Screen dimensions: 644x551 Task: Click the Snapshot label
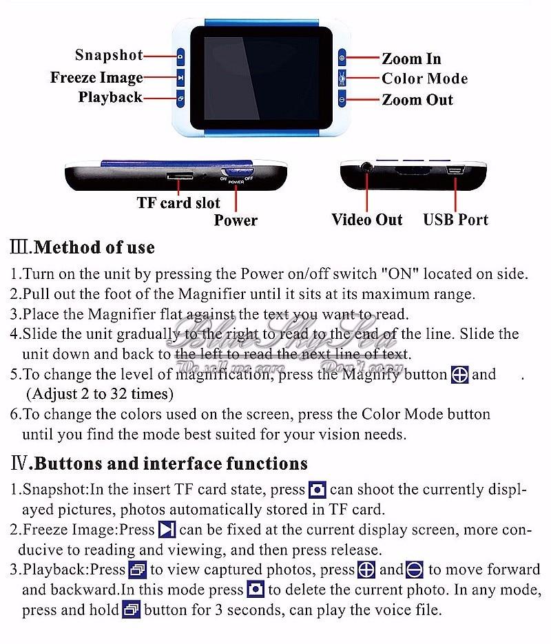[x=109, y=55]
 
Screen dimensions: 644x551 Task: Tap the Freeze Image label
[x=96, y=77]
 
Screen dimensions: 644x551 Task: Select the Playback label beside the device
[x=110, y=97]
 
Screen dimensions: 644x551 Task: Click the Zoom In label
[x=411, y=59]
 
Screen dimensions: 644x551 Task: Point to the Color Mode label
[x=424, y=79]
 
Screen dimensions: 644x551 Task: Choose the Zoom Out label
[x=417, y=100]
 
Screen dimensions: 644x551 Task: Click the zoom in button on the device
[x=342, y=57]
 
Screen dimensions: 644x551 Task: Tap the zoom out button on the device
[x=342, y=100]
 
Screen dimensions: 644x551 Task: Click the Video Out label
[x=366, y=220]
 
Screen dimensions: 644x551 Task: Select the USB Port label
[x=455, y=220]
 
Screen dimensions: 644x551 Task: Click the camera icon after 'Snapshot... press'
[x=317, y=490]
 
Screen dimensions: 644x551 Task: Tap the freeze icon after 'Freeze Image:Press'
[x=167, y=530]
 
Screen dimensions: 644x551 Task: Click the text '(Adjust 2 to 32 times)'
[x=100, y=395]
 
